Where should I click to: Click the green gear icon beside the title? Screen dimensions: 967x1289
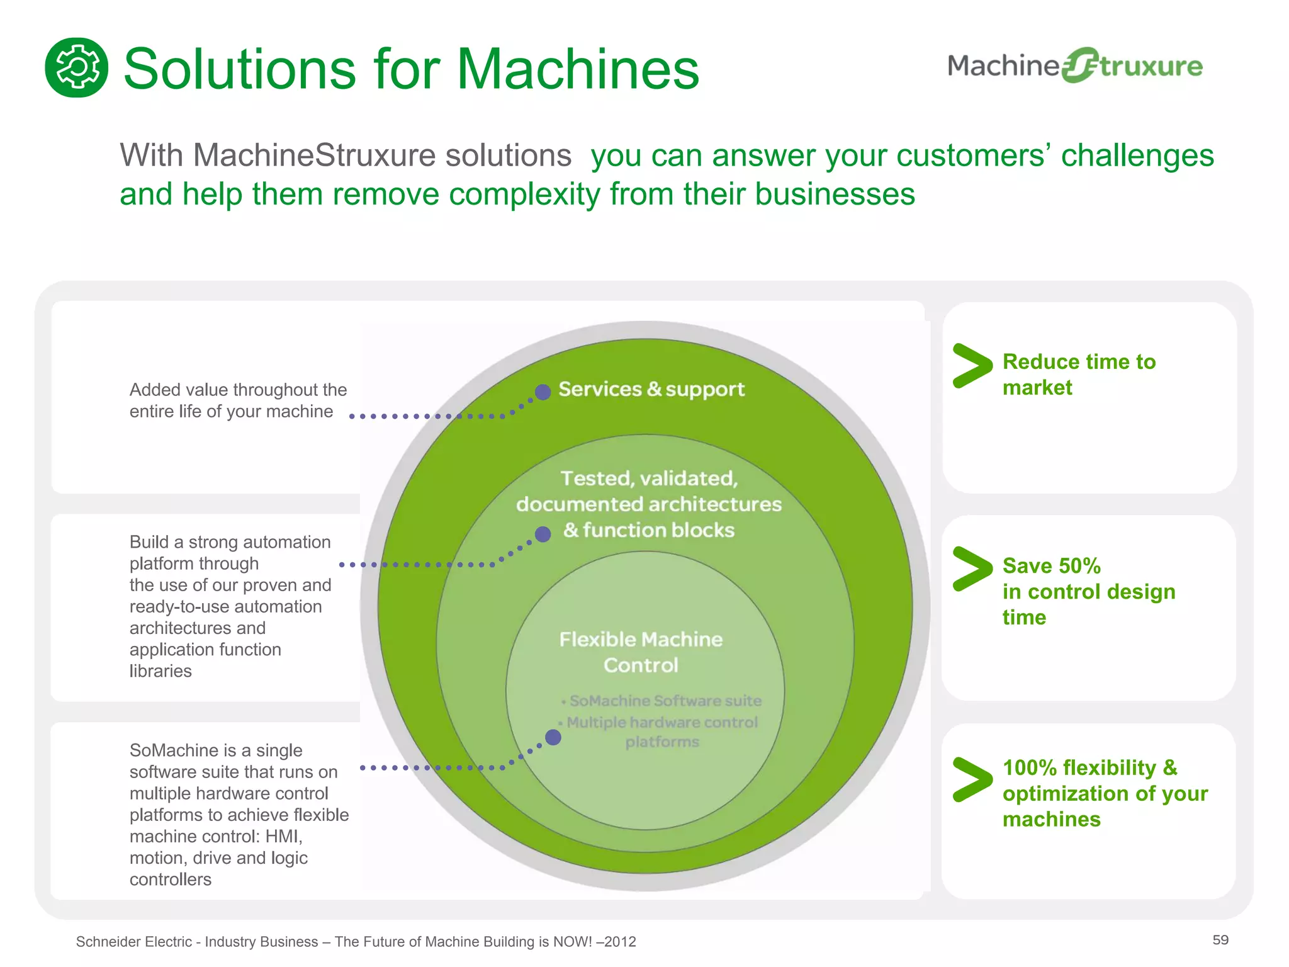pyautogui.click(x=76, y=67)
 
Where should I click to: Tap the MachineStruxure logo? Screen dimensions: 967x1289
pyautogui.click(x=1074, y=65)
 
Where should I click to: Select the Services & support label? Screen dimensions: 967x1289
pyautogui.click(x=651, y=389)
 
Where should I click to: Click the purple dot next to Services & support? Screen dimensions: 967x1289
pyautogui.click(x=543, y=392)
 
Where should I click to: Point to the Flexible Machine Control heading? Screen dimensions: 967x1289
pyautogui.click(x=641, y=652)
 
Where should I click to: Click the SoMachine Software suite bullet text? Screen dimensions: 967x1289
pyautogui.click(x=665, y=701)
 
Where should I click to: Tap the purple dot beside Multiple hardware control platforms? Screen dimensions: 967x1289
pyautogui.click(x=553, y=737)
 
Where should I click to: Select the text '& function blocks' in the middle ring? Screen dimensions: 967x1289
pyautogui.click(x=649, y=530)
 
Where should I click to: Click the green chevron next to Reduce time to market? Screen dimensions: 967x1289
pyautogui.click(x=972, y=366)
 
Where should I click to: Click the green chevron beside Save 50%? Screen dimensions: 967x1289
pyautogui.click(x=972, y=569)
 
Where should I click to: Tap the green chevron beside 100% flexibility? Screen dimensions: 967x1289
pyautogui.click(x=972, y=779)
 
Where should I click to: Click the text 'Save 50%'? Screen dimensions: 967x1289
pyautogui.click(x=1051, y=566)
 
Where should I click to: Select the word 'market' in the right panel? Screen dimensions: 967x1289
pyautogui.click(x=1037, y=388)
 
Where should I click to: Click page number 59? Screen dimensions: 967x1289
pyautogui.click(x=1220, y=940)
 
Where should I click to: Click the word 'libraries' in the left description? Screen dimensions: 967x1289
pyautogui.click(x=160, y=671)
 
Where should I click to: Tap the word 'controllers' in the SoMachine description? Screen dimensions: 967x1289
pyautogui.click(x=170, y=879)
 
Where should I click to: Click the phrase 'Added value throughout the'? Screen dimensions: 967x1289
pyautogui.click(x=238, y=390)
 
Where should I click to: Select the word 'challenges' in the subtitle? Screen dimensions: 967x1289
pyautogui.click(x=1137, y=156)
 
